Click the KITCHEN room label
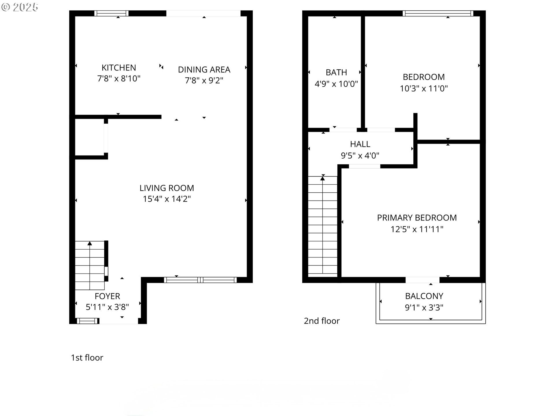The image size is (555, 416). pyautogui.click(x=119, y=68)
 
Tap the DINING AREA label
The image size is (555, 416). pyautogui.click(x=204, y=70)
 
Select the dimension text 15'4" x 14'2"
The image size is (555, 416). pyautogui.click(x=167, y=199)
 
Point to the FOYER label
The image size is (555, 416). pyautogui.click(x=107, y=296)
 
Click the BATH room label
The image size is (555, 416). pyautogui.click(x=336, y=72)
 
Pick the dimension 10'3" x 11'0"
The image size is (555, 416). pyautogui.click(x=424, y=88)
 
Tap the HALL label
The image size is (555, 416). pyautogui.click(x=360, y=144)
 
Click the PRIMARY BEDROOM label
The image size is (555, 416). pyautogui.click(x=417, y=218)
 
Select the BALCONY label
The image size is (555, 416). pyautogui.click(x=424, y=296)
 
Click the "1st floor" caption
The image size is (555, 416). pyautogui.click(x=87, y=358)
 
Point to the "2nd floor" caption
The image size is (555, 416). pyautogui.click(x=322, y=321)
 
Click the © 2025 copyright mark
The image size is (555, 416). pyautogui.click(x=20, y=7)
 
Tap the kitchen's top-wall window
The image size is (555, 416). pyautogui.click(x=111, y=13)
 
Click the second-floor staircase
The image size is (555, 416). pyautogui.click(x=323, y=225)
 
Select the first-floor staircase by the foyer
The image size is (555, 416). pyautogui.click(x=90, y=265)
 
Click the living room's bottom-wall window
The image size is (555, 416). pyautogui.click(x=200, y=280)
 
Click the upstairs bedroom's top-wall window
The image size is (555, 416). pyautogui.click(x=438, y=13)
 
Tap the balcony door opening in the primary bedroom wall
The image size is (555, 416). pyautogui.click(x=422, y=280)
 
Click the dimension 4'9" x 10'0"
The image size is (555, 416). pyautogui.click(x=336, y=84)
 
